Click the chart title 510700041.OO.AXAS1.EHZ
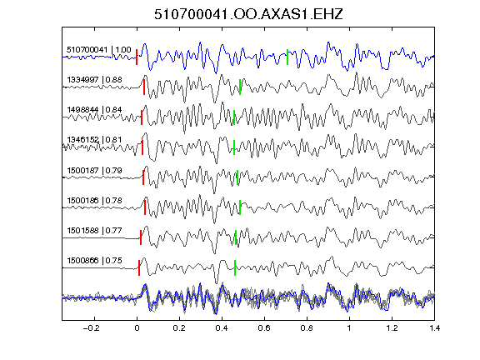(x=248, y=14)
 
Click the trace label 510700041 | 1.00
(x=98, y=50)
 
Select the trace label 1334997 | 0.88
(x=94, y=80)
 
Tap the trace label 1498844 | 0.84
(x=94, y=110)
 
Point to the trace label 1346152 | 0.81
(x=94, y=140)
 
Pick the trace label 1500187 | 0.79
(x=94, y=170)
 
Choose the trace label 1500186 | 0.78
(x=94, y=201)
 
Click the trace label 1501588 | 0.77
(x=94, y=230)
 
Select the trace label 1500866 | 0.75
(x=94, y=261)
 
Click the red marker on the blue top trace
(x=137, y=57)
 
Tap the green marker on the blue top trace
(x=287, y=57)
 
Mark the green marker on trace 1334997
(x=240, y=87)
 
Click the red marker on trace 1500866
(x=139, y=267)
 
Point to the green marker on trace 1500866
(x=235, y=267)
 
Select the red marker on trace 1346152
(x=142, y=147)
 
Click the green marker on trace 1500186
(x=240, y=207)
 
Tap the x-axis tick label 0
(x=137, y=328)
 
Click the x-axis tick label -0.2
(x=91, y=328)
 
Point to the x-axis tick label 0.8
(x=307, y=328)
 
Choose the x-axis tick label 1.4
(x=434, y=328)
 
